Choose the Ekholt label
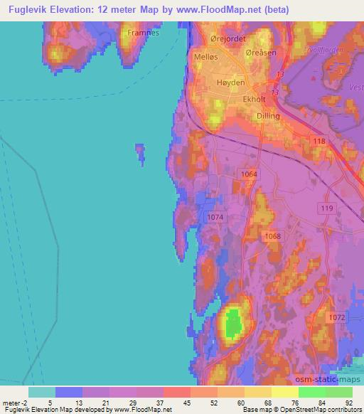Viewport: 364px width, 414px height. (255, 101)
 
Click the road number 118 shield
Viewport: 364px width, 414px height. (318, 142)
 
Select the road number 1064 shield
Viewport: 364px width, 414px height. (248, 174)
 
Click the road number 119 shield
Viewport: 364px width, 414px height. (326, 208)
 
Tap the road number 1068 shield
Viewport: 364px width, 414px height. (270, 236)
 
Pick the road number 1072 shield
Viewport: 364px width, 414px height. (338, 315)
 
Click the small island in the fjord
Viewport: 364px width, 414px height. (140, 152)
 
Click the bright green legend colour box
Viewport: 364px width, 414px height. (312, 392)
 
